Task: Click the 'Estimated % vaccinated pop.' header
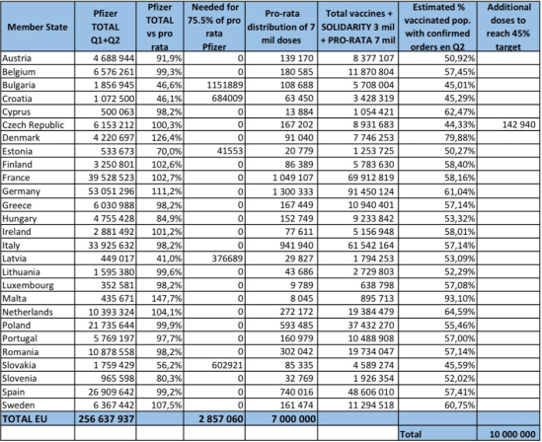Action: [435, 29]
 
